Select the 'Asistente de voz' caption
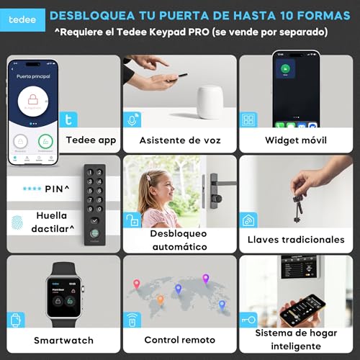pyautogui.click(x=179, y=140)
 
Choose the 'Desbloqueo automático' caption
pyautogui.click(x=179, y=240)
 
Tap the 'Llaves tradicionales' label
pyautogui.click(x=305, y=239)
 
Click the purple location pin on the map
pyautogui.click(x=205, y=279)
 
